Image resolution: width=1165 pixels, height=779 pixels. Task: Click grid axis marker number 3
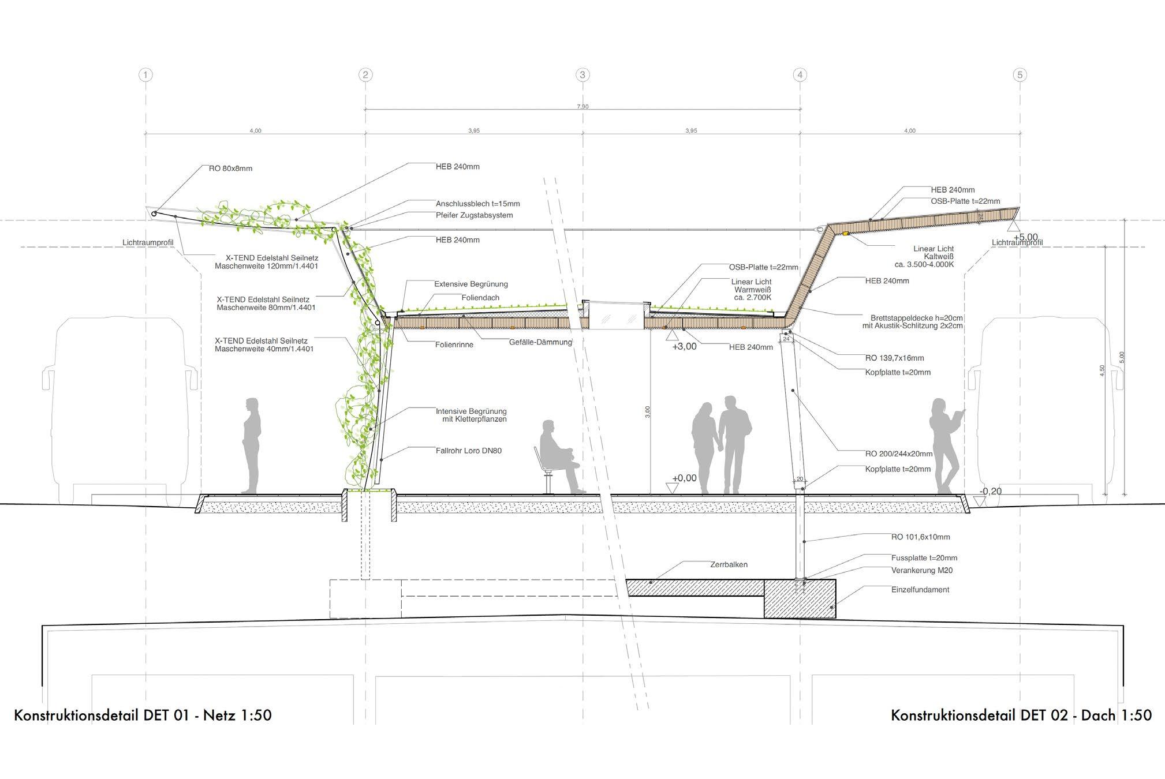click(582, 74)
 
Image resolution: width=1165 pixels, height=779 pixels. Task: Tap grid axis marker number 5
click(1020, 74)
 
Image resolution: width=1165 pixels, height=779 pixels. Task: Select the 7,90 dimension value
click(582, 107)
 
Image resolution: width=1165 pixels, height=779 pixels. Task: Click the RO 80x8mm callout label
click(230, 169)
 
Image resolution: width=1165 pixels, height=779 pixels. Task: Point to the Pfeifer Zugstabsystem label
click(474, 215)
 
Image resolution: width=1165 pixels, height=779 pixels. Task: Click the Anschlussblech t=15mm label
click(477, 204)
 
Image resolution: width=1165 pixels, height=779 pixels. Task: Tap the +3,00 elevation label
click(684, 347)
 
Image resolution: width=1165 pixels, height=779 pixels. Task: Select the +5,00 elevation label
click(1025, 237)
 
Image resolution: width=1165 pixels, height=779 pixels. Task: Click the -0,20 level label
click(991, 492)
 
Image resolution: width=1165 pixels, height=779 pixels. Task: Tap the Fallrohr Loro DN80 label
click(468, 451)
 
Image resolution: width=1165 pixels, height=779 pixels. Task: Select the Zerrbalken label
click(729, 564)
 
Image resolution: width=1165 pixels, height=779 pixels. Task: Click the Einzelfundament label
click(920, 590)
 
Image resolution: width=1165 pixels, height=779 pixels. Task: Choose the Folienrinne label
click(454, 345)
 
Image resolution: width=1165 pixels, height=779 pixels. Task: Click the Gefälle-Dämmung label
click(540, 342)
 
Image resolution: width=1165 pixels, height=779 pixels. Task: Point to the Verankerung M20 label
click(921, 571)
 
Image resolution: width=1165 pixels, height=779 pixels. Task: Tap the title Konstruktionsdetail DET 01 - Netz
click(143, 716)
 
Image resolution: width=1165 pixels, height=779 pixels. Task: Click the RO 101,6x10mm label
click(920, 537)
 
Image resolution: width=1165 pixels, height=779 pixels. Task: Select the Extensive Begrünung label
click(471, 284)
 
